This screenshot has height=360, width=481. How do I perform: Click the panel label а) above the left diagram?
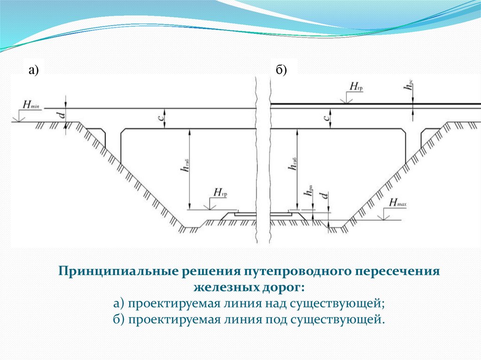click(x=33, y=70)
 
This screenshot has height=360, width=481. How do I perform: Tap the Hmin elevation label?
click(x=29, y=103)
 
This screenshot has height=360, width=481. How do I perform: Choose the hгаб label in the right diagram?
click(x=294, y=164)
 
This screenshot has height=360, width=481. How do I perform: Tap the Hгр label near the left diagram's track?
click(x=220, y=192)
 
